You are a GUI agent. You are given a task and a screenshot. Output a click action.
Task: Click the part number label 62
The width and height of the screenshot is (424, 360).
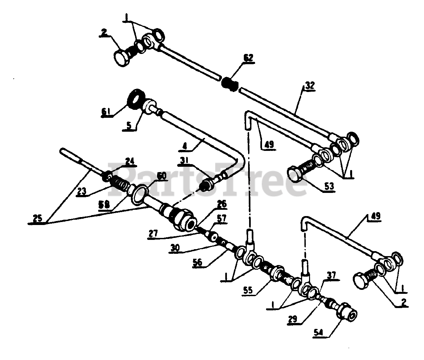pos(248,58)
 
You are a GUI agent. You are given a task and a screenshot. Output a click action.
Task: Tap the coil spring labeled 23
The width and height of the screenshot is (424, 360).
pos(120,183)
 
